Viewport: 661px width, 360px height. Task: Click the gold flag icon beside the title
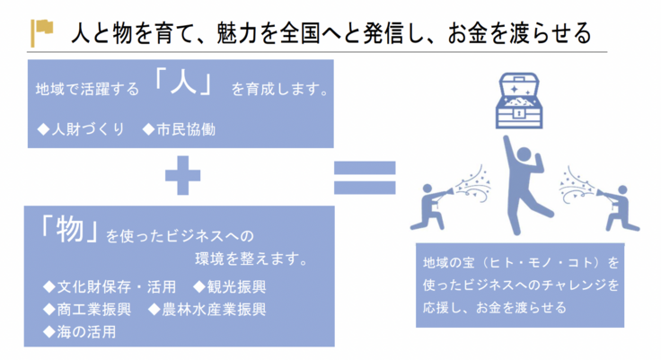41,32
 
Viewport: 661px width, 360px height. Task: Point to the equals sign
364,178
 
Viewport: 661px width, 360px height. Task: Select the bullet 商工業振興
88,310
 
